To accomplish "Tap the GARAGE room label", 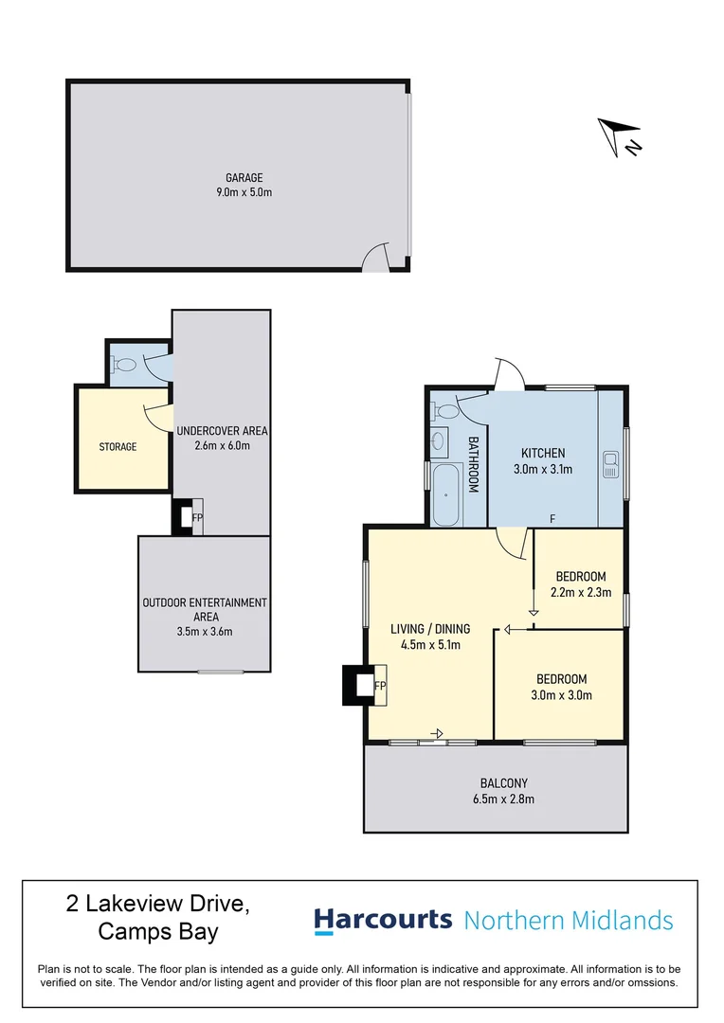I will [x=244, y=177].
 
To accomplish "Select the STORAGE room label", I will [x=118, y=446].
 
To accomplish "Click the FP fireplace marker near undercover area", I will [x=197, y=517].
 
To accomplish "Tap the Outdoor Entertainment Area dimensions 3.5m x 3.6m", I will [x=204, y=632].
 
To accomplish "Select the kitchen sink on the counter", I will [x=611, y=465].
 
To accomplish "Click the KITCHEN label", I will [x=543, y=453].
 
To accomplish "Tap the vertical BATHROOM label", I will [x=474, y=463].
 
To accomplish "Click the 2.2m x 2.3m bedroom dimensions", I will [x=581, y=593].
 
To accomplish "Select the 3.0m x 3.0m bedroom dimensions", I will [x=562, y=694].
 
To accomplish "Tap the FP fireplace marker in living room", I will [x=380, y=686].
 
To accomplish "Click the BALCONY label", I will [x=503, y=782].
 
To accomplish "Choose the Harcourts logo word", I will [x=383, y=919].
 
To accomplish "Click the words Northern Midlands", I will [x=569, y=920].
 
